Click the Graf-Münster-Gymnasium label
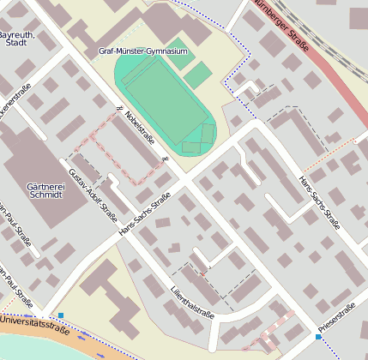pyautogui.click(x=143, y=51)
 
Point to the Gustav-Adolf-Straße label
pyautogui.click(x=93, y=186)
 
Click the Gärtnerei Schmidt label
pyautogui.click(x=33, y=189)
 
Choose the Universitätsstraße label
pyautogui.click(x=34, y=324)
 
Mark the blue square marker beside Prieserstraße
pyautogui.click(x=318, y=337)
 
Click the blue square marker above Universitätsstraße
pyautogui.click(x=60, y=315)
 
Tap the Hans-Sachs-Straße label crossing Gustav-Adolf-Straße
pyautogui.click(x=145, y=214)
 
